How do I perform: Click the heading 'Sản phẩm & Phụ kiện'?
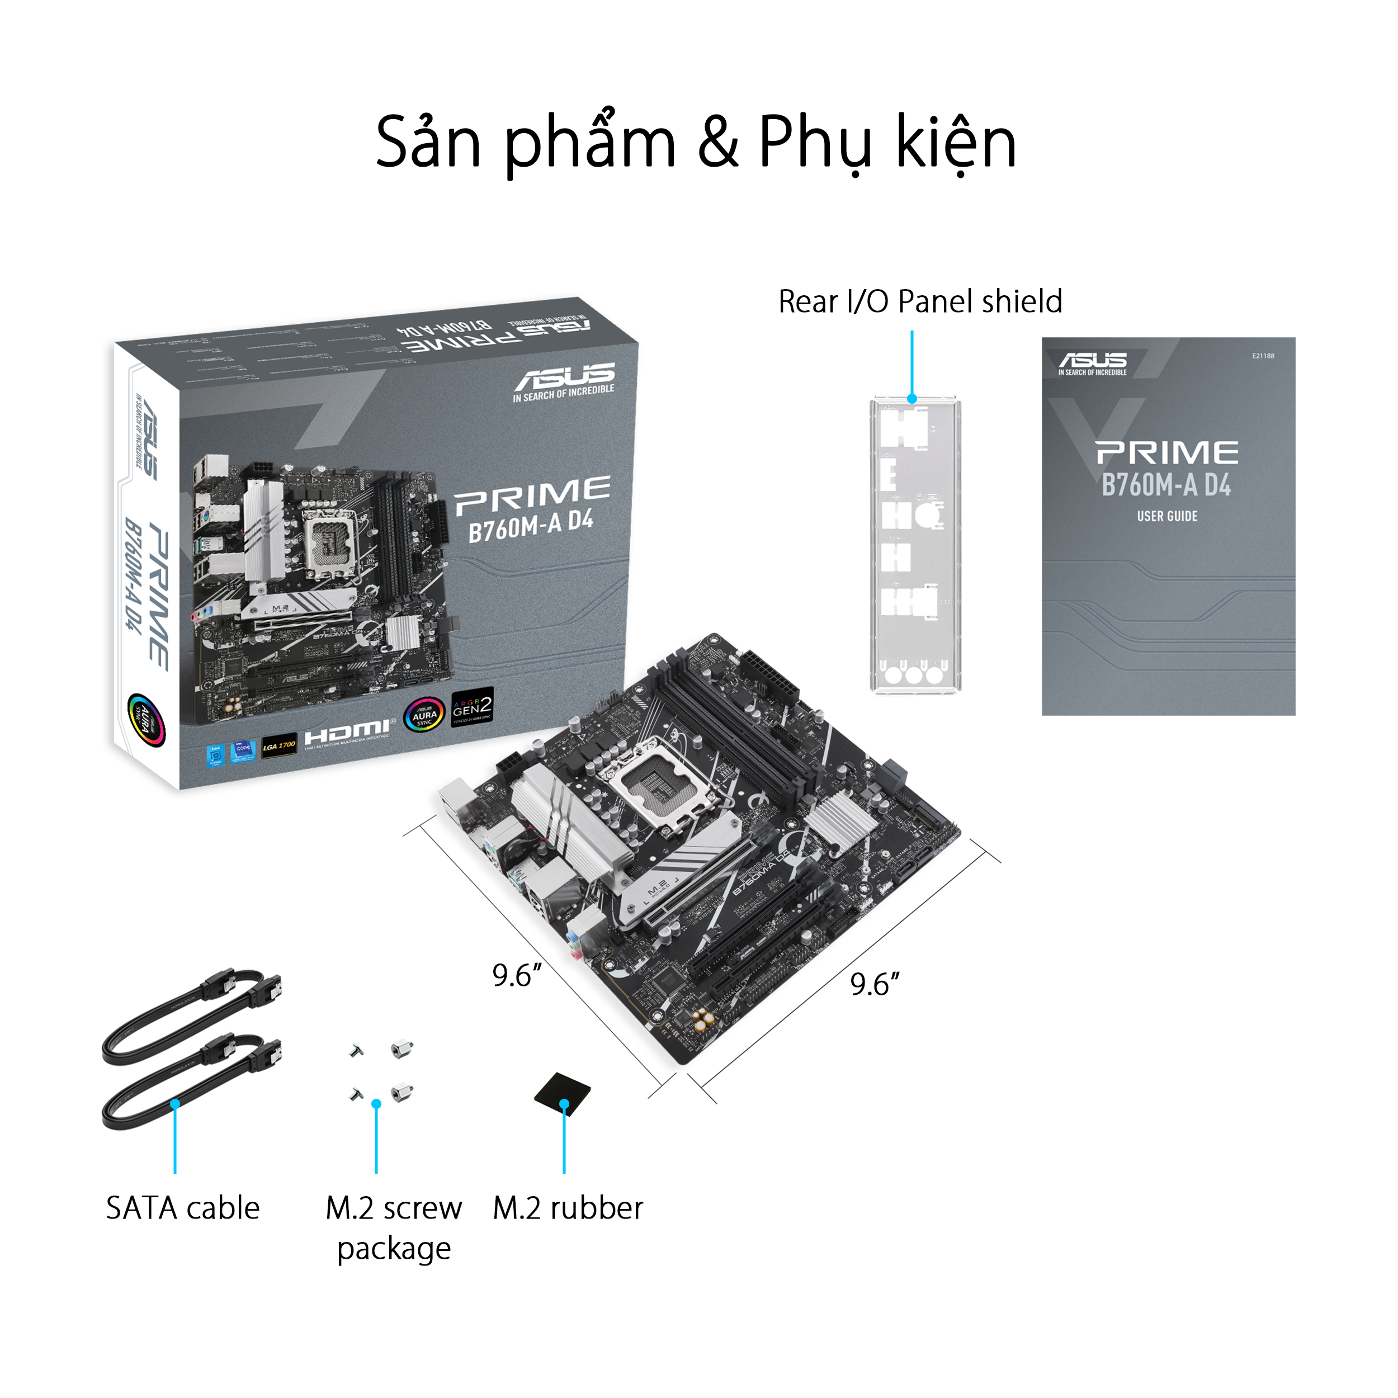pyautogui.click(x=696, y=143)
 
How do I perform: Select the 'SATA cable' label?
pyautogui.click(x=182, y=1208)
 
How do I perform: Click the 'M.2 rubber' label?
pyautogui.click(x=568, y=1208)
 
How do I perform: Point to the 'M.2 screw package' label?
pyautogui.click(x=394, y=1228)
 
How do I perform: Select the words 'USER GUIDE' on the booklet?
pyautogui.click(x=1166, y=516)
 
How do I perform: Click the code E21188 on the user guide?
pyautogui.click(x=1263, y=356)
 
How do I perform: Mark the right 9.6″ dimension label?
pyautogui.click(x=874, y=984)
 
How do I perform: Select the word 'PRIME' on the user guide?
pyautogui.click(x=1166, y=453)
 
